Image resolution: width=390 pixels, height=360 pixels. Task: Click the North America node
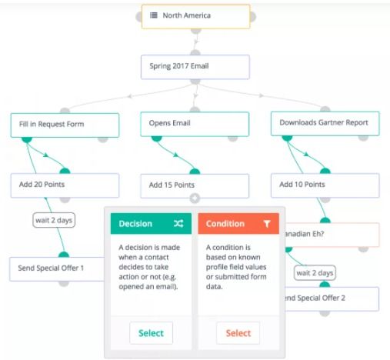click(195, 16)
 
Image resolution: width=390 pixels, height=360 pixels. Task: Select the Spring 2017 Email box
click(195, 67)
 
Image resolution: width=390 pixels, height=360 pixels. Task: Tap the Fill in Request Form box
click(65, 125)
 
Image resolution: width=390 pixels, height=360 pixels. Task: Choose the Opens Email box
click(195, 124)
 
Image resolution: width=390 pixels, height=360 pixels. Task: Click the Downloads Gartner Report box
click(325, 123)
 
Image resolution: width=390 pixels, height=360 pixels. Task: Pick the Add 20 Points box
click(65, 185)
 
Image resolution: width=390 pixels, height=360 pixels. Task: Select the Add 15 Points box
click(195, 186)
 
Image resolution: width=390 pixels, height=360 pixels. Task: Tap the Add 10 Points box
click(325, 185)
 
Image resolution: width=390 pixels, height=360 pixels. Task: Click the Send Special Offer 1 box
click(57, 269)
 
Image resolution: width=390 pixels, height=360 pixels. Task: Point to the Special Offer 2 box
click(332, 298)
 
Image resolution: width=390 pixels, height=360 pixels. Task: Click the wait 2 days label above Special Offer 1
click(54, 220)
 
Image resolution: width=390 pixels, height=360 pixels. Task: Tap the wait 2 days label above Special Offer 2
click(315, 273)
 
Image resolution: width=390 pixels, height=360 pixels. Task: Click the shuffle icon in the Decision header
click(178, 224)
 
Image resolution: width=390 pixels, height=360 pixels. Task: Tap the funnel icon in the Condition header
click(267, 224)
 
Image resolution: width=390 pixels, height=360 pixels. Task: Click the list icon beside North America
click(154, 15)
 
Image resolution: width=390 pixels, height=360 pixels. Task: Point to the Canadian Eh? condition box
click(332, 235)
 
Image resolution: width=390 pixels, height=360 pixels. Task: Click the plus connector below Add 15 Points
click(195, 198)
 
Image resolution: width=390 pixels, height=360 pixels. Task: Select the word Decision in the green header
click(135, 224)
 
